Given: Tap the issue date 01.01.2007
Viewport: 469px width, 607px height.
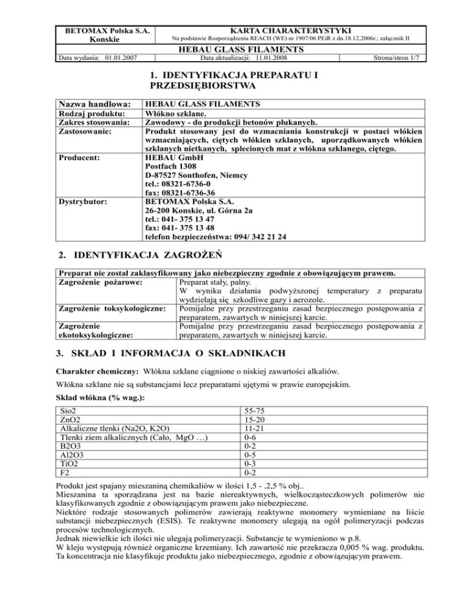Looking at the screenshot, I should click(x=120, y=59).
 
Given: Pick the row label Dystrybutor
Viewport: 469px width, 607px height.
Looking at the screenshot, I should click(x=82, y=200).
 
